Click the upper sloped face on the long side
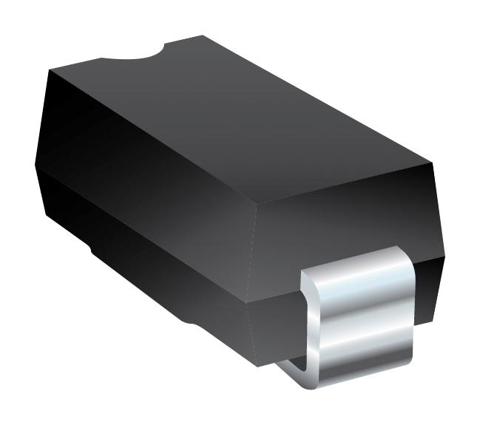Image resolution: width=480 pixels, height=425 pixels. [148, 170]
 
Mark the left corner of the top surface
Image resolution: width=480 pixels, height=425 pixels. [50, 70]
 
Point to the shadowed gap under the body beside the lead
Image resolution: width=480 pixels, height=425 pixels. [292, 362]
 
